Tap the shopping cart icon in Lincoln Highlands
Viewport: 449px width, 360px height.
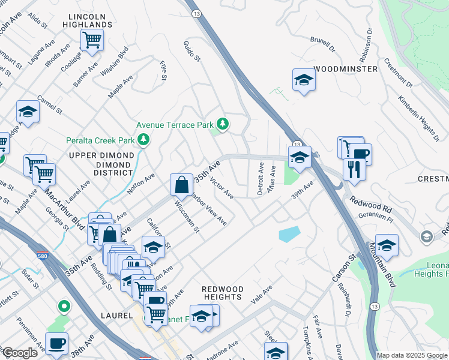[92, 40]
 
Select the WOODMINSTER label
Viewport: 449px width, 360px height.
[346, 69]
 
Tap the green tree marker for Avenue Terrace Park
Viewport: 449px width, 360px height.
[223, 124]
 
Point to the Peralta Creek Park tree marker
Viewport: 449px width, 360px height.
[143, 140]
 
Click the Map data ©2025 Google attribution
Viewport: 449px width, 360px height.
[412, 355]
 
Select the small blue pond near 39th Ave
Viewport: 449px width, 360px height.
[289, 234]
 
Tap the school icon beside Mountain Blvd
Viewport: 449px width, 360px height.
[387, 245]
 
